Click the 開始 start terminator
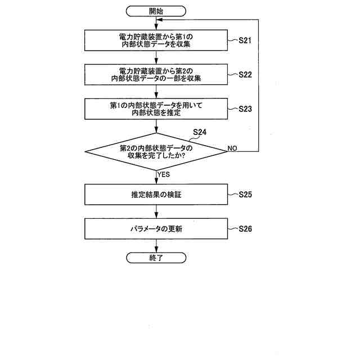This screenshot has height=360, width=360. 156,11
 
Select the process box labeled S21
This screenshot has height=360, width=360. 156,40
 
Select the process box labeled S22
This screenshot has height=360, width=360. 156,75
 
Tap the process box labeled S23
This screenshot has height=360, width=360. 156,109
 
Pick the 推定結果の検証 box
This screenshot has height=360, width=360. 156,195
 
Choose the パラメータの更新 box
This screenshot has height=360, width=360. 156,228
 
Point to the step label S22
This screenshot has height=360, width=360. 245,74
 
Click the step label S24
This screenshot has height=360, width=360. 200,133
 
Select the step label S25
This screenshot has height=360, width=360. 245,195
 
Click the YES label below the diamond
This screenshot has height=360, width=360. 164,174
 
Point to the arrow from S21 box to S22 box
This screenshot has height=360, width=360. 156,57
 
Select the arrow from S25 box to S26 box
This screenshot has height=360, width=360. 156,211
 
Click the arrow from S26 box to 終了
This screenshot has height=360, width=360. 156,245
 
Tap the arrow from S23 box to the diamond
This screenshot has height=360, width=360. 156,126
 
